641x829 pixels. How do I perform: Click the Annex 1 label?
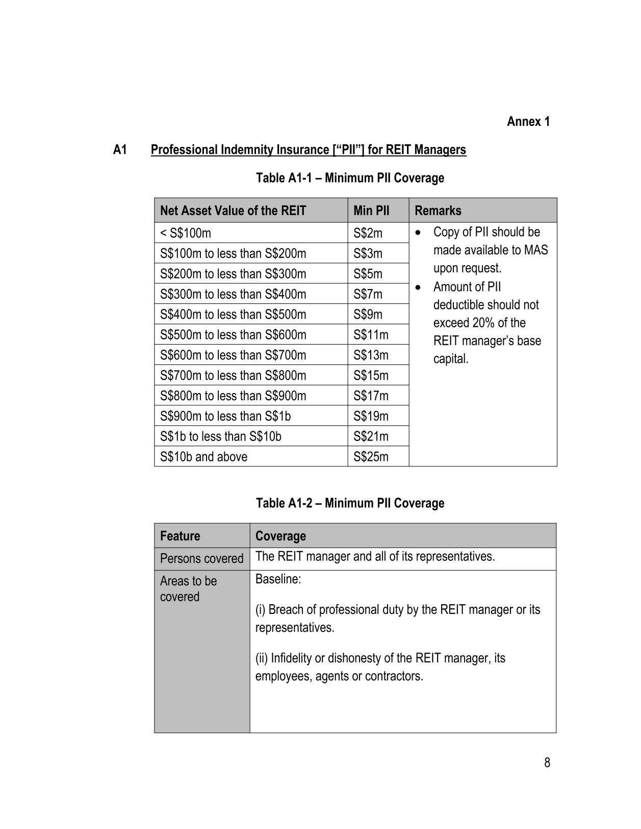click(528, 121)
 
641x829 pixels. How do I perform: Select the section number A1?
click(120, 149)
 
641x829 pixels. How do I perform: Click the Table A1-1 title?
click(350, 178)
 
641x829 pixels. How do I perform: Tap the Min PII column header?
click(371, 211)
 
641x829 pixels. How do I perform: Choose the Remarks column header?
click(438, 211)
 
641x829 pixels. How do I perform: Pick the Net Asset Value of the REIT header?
click(233, 211)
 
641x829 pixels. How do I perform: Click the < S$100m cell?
click(186, 233)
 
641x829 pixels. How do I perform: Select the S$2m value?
click(368, 233)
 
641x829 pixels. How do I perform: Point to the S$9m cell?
click(368, 315)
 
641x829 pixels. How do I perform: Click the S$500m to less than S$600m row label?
click(233, 335)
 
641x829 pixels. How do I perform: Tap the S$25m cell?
click(371, 456)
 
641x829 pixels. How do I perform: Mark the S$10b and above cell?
click(203, 456)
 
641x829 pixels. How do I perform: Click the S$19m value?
click(371, 416)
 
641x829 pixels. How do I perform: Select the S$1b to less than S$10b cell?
click(220, 436)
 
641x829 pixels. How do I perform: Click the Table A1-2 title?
click(350, 503)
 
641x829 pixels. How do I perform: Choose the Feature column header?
click(180, 536)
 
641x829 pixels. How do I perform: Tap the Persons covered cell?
click(201, 559)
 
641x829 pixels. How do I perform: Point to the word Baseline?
click(278, 579)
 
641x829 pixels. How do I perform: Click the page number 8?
click(547, 763)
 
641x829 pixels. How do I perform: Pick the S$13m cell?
click(371, 355)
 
